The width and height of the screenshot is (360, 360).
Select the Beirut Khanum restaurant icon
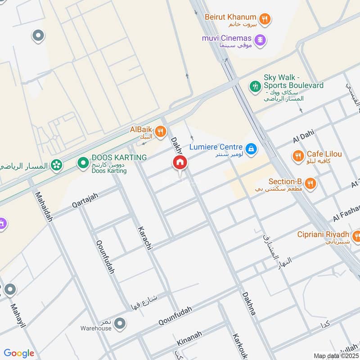click(265, 19)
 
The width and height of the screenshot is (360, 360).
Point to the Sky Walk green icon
click(256, 85)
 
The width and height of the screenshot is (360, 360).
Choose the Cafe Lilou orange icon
click(297, 156)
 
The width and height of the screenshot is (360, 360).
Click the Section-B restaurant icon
click(310, 184)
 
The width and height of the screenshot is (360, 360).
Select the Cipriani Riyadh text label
click(323, 234)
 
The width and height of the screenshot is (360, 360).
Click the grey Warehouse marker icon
click(119, 323)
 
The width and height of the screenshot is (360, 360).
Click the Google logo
click(19, 353)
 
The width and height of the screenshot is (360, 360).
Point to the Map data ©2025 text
click(335, 356)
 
